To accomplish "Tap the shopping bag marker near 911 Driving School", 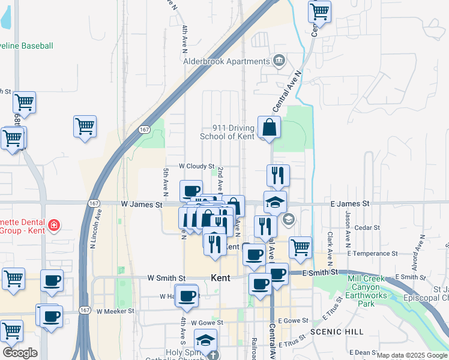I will pyautogui.click(x=270, y=128).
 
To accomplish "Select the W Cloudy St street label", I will pyautogui.click(x=196, y=166).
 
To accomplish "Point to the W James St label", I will pyautogui.click(x=142, y=205).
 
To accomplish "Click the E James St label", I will pyautogui.click(x=349, y=204).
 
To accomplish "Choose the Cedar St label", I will pyautogui.click(x=367, y=227).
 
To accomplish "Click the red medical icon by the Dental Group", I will pyautogui.click(x=54, y=225).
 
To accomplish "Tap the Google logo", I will pyautogui.click(x=20, y=353).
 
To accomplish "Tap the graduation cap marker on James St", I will pyautogui.click(x=275, y=203).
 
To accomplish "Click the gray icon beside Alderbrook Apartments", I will pyautogui.click(x=279, y=61).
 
